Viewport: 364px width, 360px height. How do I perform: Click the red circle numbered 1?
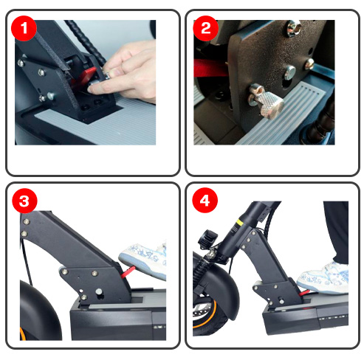24,28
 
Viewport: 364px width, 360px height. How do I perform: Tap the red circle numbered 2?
205,28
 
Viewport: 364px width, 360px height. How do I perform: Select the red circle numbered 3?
24,201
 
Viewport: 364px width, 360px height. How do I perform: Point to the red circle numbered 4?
205,201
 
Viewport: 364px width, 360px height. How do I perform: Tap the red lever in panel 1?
83,76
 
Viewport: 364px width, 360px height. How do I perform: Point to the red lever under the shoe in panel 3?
128,271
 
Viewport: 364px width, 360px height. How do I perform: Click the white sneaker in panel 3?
144,260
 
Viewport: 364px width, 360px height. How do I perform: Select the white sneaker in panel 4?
323,279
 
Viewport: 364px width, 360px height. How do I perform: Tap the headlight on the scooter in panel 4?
207,239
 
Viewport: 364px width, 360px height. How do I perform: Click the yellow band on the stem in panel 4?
239,224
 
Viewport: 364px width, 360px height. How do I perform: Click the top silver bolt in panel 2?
293,28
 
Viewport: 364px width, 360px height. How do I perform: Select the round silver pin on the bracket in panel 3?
99,292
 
